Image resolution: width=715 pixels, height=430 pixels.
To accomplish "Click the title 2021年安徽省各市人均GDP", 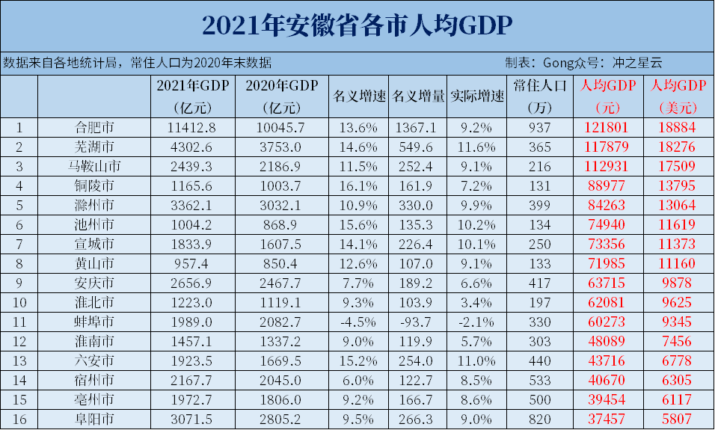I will coord(357,26).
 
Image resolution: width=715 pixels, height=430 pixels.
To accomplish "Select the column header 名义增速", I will coord(358,96).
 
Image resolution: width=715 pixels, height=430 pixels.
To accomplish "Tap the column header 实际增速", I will coord(477,96).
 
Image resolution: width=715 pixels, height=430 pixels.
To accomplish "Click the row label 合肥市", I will coord(93,127).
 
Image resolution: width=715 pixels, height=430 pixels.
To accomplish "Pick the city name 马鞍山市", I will coord(93,166).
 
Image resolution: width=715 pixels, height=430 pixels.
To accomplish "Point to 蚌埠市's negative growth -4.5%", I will coord(358,322).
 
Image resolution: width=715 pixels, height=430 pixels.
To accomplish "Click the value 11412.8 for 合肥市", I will coord(195,127).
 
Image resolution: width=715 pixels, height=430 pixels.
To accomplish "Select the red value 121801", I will coord(605,127).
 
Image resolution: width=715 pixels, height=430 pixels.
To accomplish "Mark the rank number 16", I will coord(20,419).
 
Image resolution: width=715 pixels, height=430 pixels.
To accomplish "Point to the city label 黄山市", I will coord(93,263).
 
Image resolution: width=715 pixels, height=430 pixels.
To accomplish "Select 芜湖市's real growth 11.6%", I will coord(477,147).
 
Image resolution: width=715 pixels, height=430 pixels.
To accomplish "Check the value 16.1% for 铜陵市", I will coord(358,185).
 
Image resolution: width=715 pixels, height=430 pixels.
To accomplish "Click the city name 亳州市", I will coord(93,399).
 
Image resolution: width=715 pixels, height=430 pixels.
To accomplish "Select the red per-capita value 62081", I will coord(605,302).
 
